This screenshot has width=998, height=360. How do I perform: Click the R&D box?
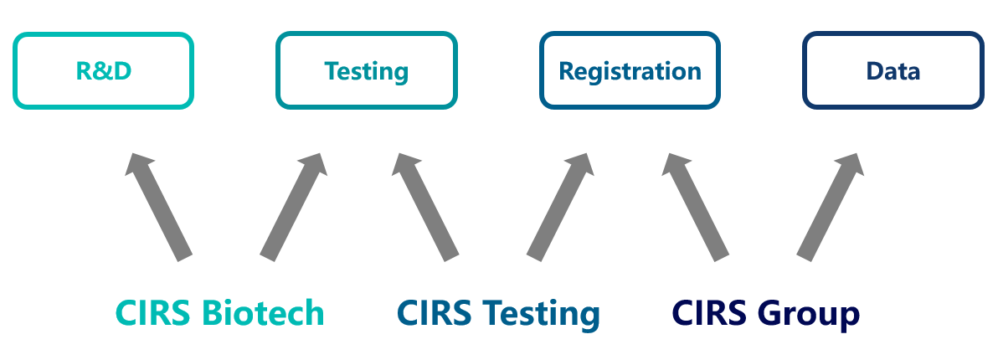pyautogui.click(x=103, y=70)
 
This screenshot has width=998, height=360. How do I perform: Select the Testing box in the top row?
pyautogui.click(x=367, y=70)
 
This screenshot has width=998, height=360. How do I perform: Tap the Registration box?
pyautogui.click(x=630, y=70)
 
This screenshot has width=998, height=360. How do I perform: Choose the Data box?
pyautogui.click(x=893, y=70)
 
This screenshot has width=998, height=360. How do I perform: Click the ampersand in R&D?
pyautogui.click(x=103, y=71)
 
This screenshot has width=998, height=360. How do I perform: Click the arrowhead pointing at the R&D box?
pyautogui.click(x=137, y=163)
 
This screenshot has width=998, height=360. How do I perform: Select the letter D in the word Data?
pyautogui.click(x=876, y=71)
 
